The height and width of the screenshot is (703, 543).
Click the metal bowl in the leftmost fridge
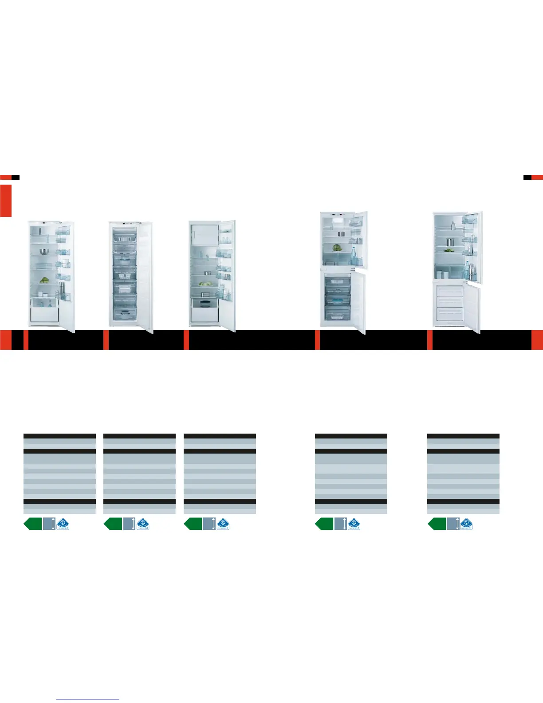[x=44, y=252]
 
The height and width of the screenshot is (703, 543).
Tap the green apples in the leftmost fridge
[x=44, y=280]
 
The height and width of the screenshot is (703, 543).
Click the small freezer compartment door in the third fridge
[x=204, y=234]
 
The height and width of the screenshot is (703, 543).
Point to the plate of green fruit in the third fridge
[x=205, y=284]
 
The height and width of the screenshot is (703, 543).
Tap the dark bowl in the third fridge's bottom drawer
[x=205, y=304]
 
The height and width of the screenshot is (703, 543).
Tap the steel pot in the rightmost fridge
[x=450, y=242]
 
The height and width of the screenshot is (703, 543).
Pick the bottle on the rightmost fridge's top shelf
[x=453, y=225]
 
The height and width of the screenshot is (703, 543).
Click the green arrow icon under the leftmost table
[x=33, y=524]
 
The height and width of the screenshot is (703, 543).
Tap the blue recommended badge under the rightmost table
[x=466, y=524]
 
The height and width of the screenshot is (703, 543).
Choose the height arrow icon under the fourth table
[x=340, y=524]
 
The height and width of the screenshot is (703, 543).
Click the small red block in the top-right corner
[x=537, y=177]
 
